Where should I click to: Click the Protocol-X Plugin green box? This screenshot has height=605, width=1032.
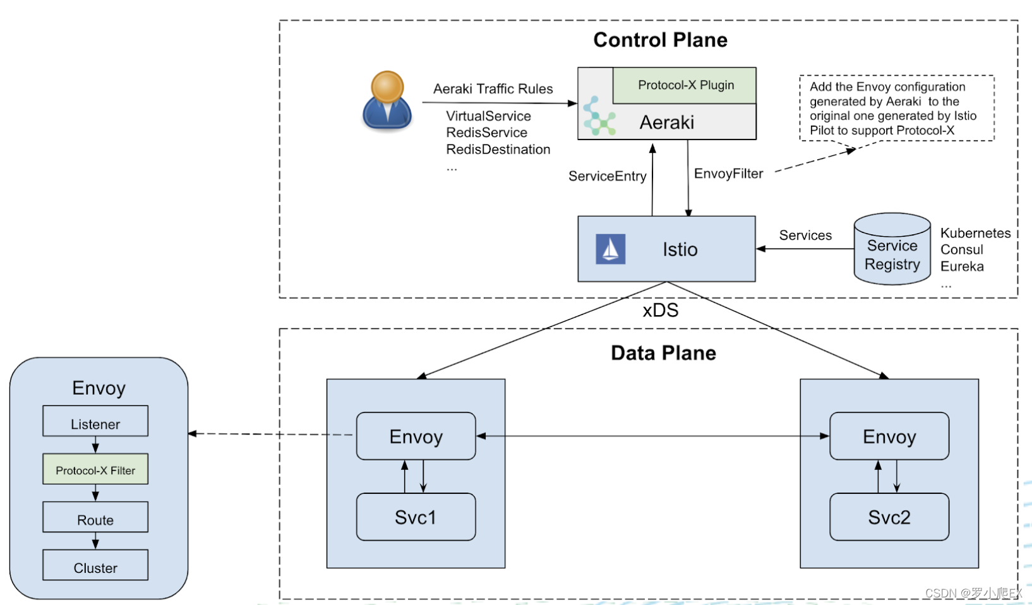point(685,85)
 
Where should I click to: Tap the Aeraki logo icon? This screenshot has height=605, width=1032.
point(598,116)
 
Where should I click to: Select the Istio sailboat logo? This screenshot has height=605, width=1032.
point(610,249)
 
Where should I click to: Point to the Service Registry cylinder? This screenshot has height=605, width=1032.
point(892,249)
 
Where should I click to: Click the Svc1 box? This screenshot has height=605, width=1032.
point(416,517)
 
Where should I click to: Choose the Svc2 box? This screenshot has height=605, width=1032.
point(889,517)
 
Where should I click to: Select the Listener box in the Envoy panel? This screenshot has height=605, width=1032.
point(95,421)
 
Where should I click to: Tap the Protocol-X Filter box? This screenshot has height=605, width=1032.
point(95,469)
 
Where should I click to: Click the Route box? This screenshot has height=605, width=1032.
point(95,517)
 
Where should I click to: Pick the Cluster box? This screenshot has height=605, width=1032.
point(95,565)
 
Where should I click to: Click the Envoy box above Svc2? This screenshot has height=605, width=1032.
point(889,436)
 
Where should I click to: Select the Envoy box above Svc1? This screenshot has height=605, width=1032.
point(416,436)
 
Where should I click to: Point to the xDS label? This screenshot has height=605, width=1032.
point(660,310)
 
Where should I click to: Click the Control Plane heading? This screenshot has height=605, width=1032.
point(660,40)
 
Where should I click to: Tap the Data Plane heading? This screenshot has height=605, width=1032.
point(663,353)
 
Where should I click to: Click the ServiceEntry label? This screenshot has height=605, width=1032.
point(607,176)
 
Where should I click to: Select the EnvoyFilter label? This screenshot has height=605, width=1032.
point(728,174)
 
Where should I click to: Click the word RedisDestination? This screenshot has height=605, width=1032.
point(498,150)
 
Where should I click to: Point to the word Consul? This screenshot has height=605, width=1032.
point(961,249)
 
